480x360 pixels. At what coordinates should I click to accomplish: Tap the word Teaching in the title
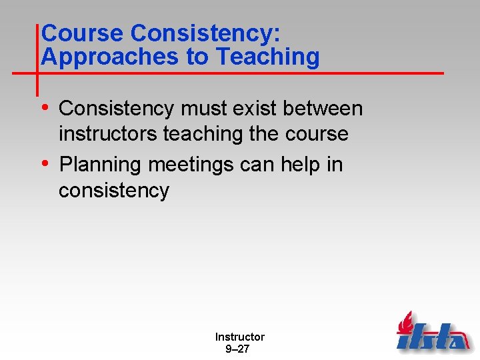coord(268,57)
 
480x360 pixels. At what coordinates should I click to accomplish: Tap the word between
coord(333,109)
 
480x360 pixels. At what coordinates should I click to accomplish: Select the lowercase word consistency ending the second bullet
coord(114,191)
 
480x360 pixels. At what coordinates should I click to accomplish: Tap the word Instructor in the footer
coord(239,337)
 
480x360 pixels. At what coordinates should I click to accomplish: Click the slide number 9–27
coord(239,349)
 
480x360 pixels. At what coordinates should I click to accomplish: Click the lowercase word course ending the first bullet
coord(317,134)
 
